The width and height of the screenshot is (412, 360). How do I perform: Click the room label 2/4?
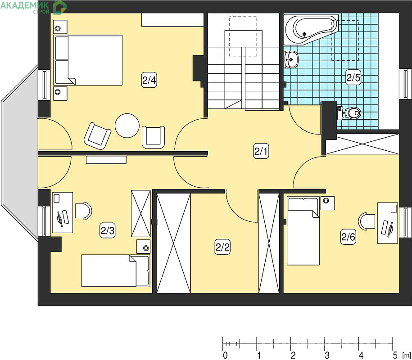(149, 80)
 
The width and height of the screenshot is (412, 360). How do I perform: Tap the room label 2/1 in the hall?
(261, 151)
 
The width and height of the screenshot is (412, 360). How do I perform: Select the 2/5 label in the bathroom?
(353, 77)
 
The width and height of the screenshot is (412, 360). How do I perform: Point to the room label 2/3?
(108, 230)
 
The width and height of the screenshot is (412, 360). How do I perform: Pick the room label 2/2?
(222, 247)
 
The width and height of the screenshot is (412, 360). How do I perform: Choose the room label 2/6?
(348, 237)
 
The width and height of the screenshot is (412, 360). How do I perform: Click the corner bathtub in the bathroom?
(311, 29)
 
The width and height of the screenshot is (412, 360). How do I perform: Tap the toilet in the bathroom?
(349, 113)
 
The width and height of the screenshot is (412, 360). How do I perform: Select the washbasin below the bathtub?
(291, 59)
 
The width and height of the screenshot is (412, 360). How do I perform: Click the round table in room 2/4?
(127, 126)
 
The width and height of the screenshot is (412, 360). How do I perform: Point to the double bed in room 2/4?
(88, 60)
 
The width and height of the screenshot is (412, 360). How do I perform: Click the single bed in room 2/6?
(303, 231)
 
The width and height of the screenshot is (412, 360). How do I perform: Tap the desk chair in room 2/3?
(83, 211)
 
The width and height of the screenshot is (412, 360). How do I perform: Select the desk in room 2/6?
(387, 223)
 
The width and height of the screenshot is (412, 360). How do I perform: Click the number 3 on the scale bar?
(327, 355)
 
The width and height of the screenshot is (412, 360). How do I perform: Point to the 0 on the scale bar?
(225, 355)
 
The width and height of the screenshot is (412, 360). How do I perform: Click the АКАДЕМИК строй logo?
(33, 7)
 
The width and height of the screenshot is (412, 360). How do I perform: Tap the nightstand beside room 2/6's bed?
(327, 203)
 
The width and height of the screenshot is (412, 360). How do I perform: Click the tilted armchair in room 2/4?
(97, 136)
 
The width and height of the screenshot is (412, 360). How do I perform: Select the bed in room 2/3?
(116, 270)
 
